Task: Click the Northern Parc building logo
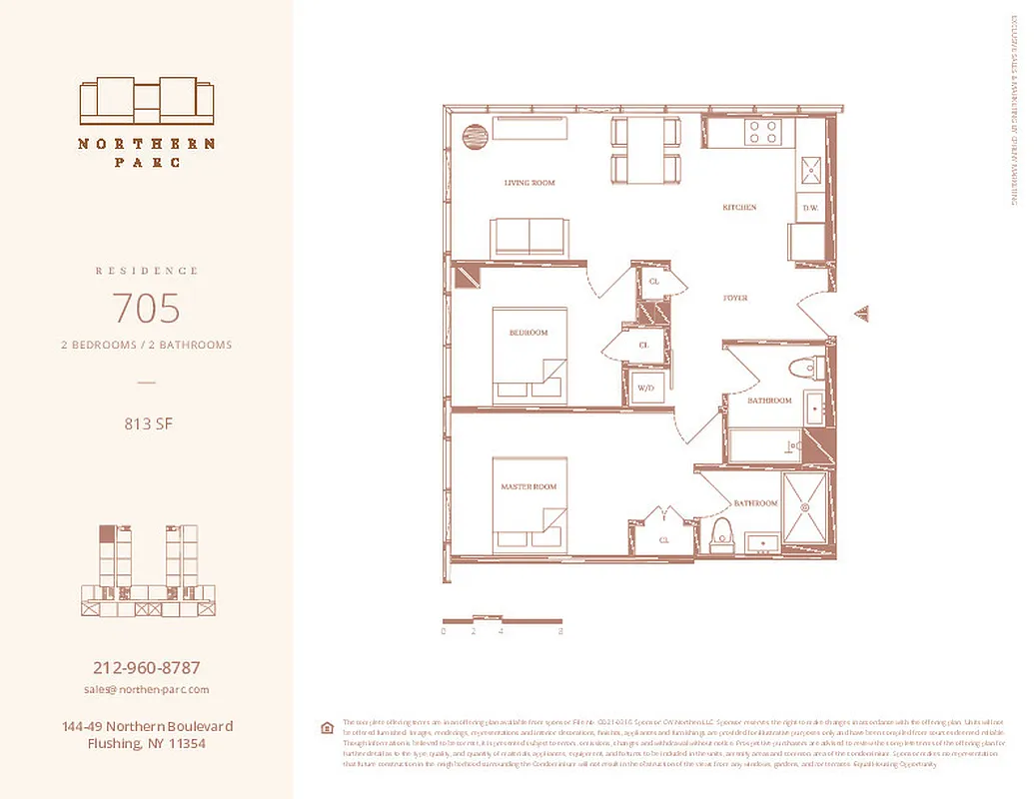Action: tap(147, 100)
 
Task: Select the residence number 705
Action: tap(147, 309)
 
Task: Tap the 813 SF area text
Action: tap(147, 423)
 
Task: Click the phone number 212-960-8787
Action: tap(147, 667)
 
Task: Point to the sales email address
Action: tap(147, 689)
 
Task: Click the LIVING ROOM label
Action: tap(528, 183)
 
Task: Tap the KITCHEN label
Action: tap(739, 208)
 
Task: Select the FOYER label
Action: tap(735, 299)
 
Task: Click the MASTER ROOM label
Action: tap(528, 486)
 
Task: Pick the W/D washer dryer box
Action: tap(646, 388)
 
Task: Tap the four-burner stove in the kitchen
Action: tap(762, 132)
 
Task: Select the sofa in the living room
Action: tap(528, 238)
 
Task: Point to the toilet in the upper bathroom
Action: tap(803, 369)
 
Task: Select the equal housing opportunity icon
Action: tap(326, 727)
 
